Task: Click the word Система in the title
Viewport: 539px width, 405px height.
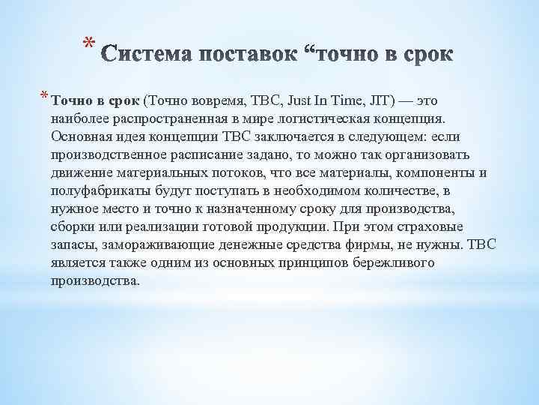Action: tap(145, 55)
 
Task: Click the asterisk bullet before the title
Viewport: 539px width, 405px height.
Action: tap(88, 44)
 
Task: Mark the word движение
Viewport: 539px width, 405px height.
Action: tap(80, 173)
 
